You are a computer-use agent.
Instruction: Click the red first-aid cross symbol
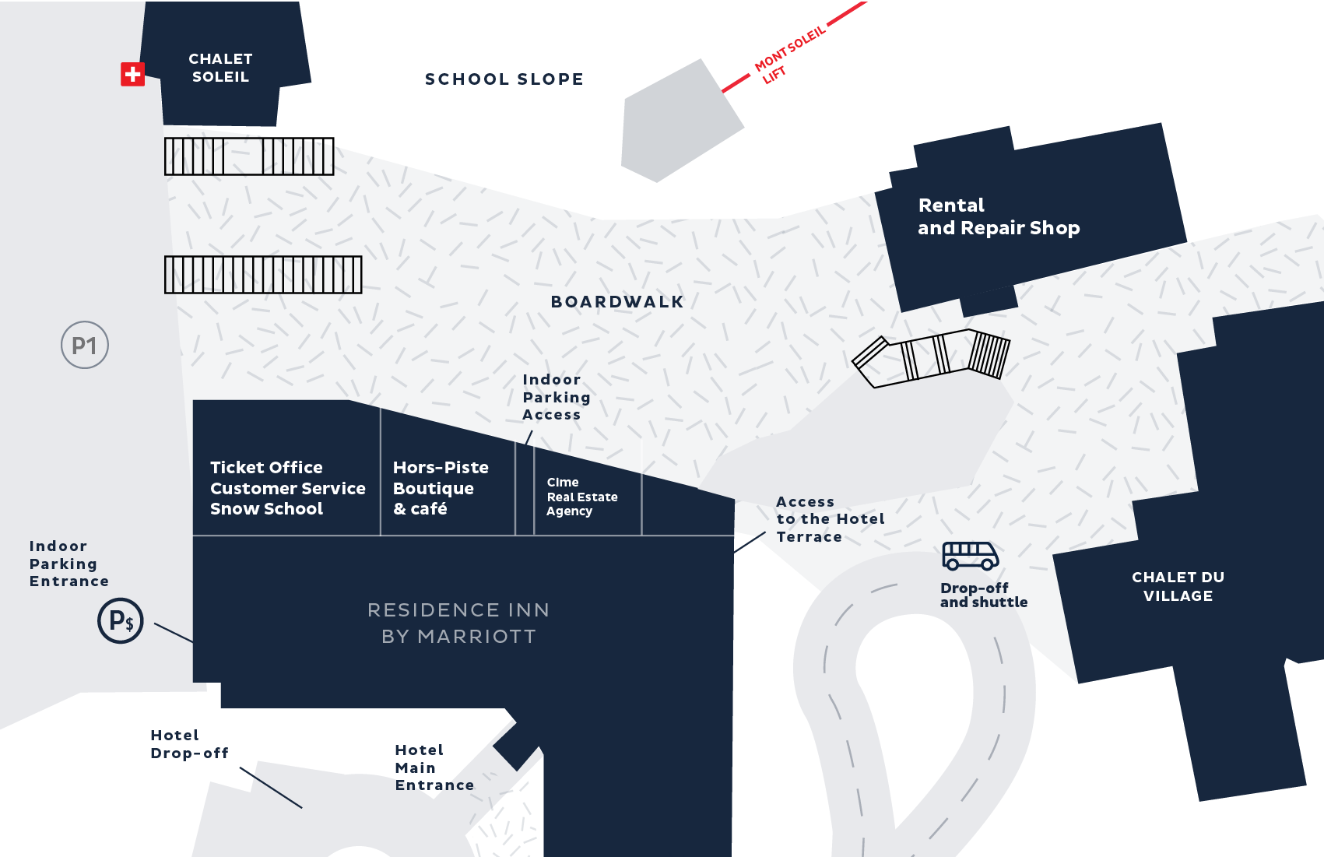coord(132,74)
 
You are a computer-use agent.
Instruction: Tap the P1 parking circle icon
coord(85,345)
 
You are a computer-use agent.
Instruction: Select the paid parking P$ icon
coord(121,620)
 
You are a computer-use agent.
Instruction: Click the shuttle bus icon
coord(970,556)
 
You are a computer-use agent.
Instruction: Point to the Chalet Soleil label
coord(220,68)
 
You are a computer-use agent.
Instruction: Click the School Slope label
coord(504,79)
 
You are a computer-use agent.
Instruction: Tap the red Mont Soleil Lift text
coord(788,53)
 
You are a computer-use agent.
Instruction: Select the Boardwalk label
coord(617,302)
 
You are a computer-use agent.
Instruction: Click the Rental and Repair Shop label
coord(998,216)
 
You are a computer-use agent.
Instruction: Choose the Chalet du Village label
coord(1178,586)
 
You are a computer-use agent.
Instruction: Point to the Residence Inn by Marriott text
coord(458,623)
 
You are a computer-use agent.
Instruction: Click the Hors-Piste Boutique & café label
coord(441,488)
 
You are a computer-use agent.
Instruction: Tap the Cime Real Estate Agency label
coord(581,497)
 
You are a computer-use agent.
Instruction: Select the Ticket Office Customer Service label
coord(287,488)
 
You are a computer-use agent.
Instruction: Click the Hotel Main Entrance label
coord(434,767)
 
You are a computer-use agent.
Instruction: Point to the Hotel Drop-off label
coord(189,744)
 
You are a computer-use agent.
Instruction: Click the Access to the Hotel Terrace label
coord(830,519)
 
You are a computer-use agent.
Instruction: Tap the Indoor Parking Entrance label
coord(68,564)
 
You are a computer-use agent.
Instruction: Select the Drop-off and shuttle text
coord(983,595)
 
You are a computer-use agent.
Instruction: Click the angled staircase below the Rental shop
coord(932,357)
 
